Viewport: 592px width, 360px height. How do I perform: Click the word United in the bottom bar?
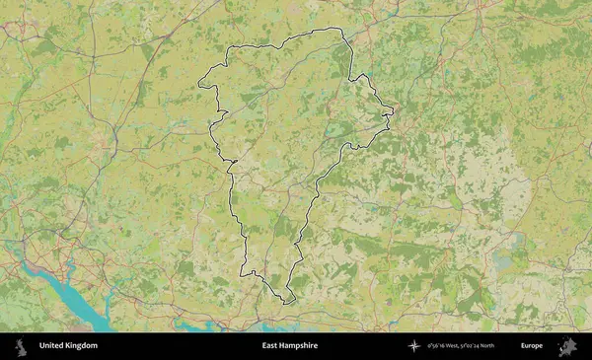click(x=50, y=346)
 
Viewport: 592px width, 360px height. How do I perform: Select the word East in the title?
click(x=270, y=346)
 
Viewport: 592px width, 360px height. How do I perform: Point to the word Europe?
click(x=532, y=346)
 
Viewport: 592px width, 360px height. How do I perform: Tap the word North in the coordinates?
click(x=510, y=346)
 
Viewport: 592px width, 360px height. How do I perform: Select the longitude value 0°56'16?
click(x=438, y=346)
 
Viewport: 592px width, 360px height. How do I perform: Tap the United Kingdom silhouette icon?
click(x=21, y=346)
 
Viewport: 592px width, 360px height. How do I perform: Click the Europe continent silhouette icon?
click(x=567, y=346)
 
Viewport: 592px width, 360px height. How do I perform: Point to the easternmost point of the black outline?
click(x=394, y=110)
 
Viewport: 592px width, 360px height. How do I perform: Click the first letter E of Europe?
click(x=523, y=346)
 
